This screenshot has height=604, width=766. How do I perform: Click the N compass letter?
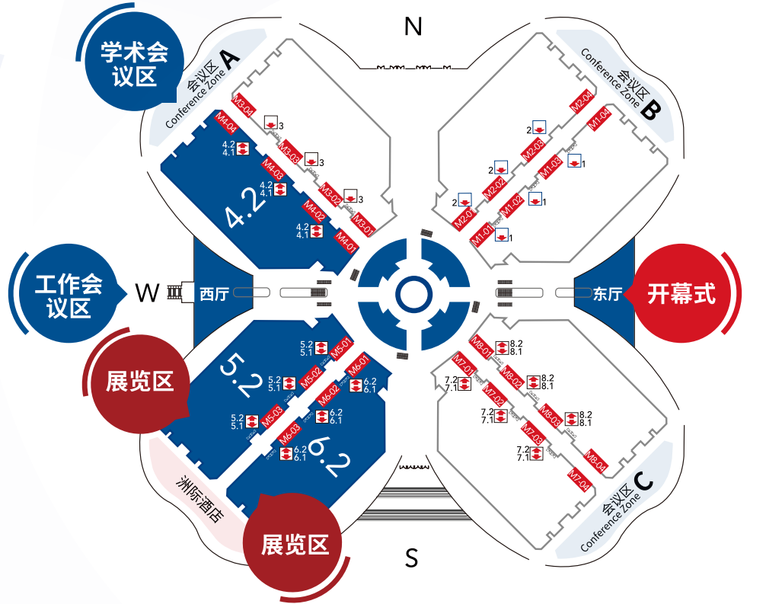pyautogui.click(x=413, y=27)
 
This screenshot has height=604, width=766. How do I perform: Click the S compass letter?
pyautogui.click(x=412, y=558)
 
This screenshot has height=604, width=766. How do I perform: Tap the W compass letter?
pyautogui.click(x=147, y=292)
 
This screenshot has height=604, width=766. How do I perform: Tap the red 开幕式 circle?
pyautogui.click(x=681, y=293)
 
